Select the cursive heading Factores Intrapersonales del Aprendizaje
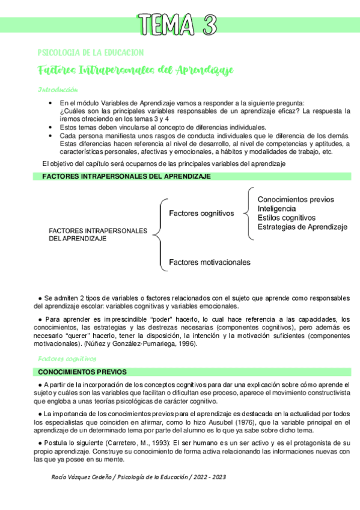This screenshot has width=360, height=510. coord(135,70)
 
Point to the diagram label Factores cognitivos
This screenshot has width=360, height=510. coord(200,213)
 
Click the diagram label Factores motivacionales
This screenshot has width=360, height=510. coord(210,262)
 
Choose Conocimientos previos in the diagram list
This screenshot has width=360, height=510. coord(296,199)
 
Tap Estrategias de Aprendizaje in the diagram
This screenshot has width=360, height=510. coord(302,227)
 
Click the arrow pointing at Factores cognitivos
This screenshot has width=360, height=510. coord(246,212)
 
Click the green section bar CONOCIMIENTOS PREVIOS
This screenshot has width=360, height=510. coord(82,372)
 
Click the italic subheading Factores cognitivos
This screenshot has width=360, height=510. coord(63,358)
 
